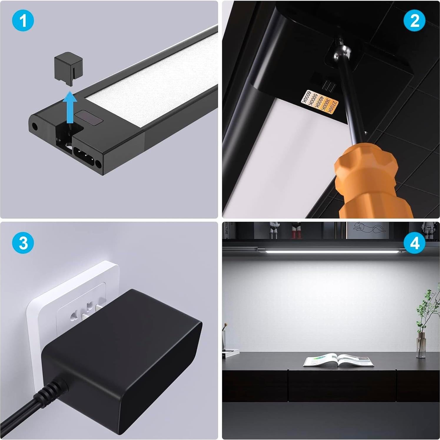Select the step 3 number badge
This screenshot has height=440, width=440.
pyautogui.click(x=23, y=243)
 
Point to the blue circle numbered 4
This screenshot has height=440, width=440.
pyautogui.click(x=414, y=243)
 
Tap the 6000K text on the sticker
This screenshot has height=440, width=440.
pyautogui.click(x=309, y=98)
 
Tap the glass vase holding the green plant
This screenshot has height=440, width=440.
pyautogui.click(x=421, y=344)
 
